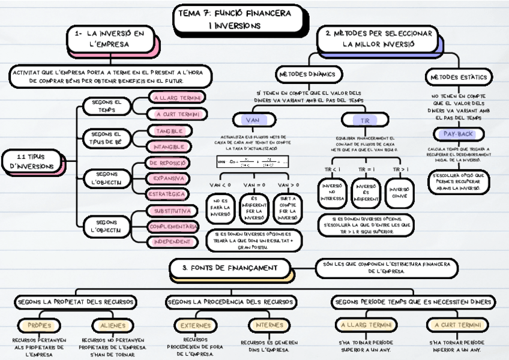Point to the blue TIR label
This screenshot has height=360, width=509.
point(364,120)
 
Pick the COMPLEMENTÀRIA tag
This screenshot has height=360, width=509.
point(173,226)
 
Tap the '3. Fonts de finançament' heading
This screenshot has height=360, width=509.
point(230,268)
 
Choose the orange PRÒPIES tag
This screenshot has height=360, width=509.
point(39,325)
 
